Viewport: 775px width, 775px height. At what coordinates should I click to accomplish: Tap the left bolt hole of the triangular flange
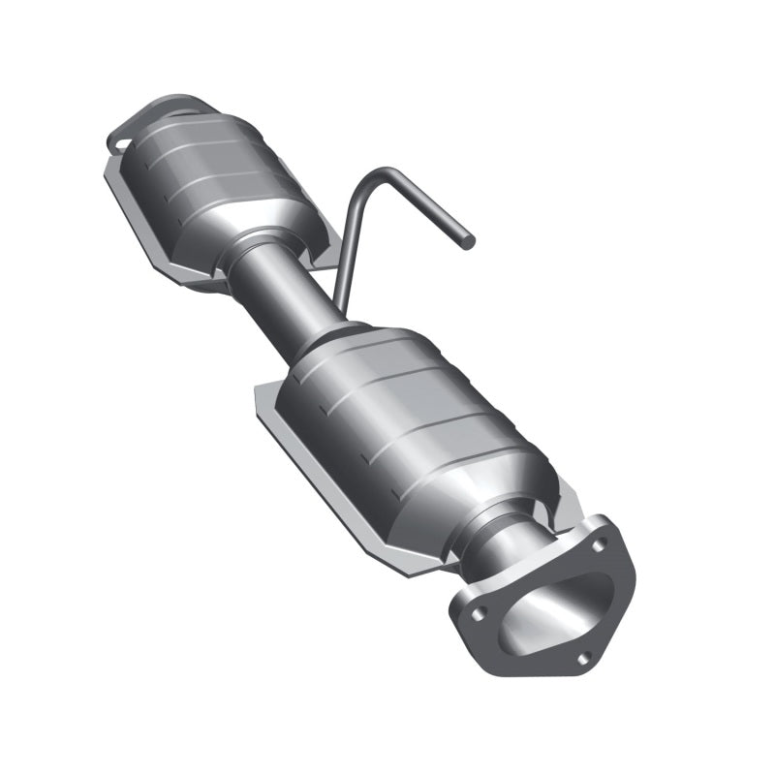476,612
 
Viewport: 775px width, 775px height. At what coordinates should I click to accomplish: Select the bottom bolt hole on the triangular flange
583,658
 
